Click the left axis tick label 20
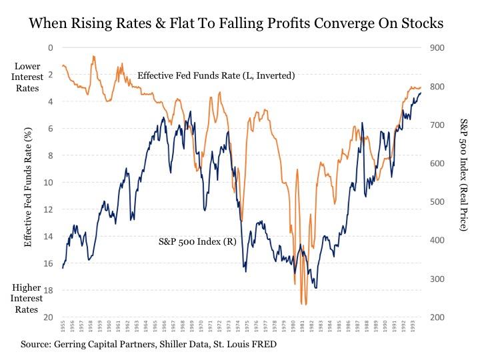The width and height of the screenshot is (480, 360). click(48, 317)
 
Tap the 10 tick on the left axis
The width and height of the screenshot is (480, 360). click(48, 182)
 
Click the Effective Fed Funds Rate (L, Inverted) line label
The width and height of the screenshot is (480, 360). click(216, 76)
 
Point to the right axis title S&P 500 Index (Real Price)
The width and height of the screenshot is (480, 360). click(463, 175)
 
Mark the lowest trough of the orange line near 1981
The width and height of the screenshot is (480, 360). click(304, 304)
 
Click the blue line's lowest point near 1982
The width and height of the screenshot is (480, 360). click(315, 288)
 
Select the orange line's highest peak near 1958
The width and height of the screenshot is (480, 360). click(94, 57)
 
